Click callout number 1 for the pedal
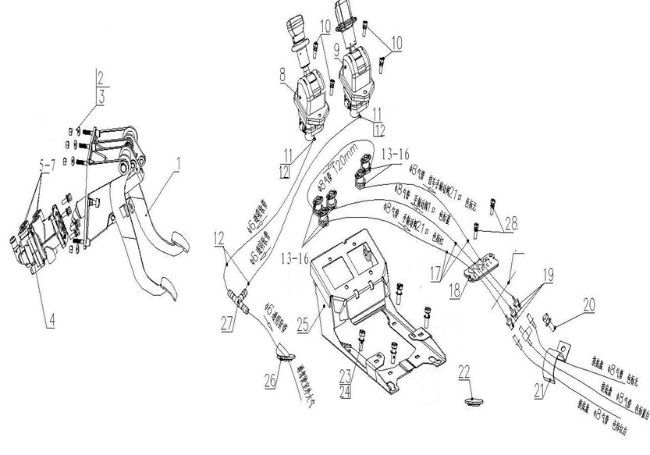[179, 165]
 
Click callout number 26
[271, 380]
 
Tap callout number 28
[510, 223]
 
